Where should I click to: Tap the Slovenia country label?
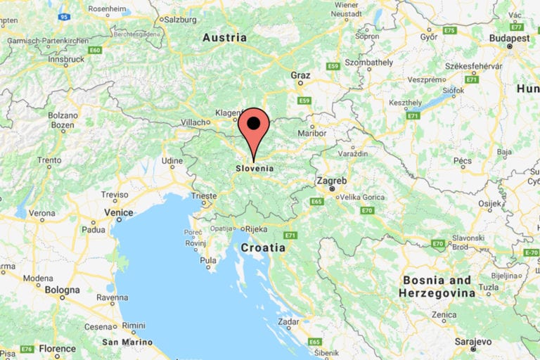[x=254, y=169]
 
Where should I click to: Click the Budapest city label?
[x=510, y=38]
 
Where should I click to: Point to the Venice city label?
[x=118, y=212]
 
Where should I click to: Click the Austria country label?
[x=224, y=37]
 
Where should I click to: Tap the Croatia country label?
[x=263, y=247]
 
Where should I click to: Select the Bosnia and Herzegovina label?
[x=437, y=286]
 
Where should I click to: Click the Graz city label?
[x=300, y=74]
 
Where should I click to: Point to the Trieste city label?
[x=205, y=195]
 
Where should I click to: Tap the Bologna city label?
[x=62, y=290]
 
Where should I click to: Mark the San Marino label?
[x=127, y=342]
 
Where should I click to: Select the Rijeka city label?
[x=255, y=229]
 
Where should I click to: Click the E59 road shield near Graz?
[x=333, y=66]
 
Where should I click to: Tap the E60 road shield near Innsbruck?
[x=96, y=50]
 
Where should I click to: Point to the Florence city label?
[x=57, y=348]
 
